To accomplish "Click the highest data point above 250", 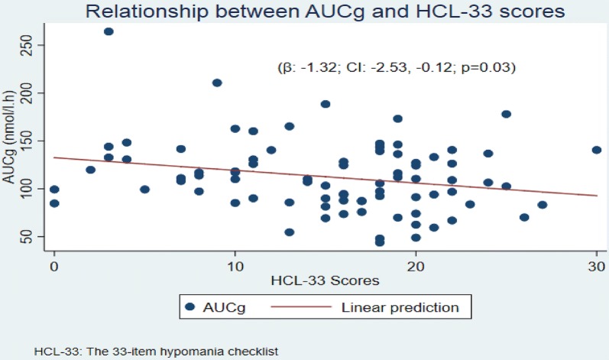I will tap(109, 31).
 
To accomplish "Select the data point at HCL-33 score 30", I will tap(597, 150).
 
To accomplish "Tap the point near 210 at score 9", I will tap(217, 83).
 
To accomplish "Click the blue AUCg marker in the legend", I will tap(191, 308).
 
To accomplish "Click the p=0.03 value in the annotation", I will tap(494, 68).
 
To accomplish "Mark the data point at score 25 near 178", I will tap(506, 114).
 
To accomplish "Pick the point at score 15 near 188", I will tap(326, 104).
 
